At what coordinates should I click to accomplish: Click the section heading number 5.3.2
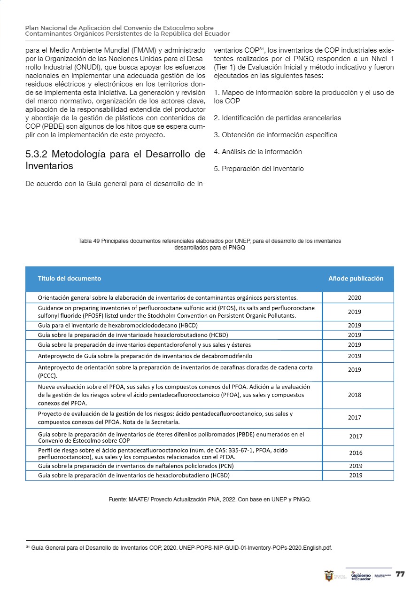(x=37, y=154)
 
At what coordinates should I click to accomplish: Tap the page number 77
(x=400, y=574)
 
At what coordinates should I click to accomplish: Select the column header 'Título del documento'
(x=70, y=278)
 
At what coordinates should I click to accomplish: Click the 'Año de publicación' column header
(x=356, y=278)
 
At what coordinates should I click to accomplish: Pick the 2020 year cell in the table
(x=355, y=297)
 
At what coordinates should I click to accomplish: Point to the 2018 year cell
(x=355, y=395)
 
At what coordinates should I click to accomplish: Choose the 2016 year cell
(x=356, y=453)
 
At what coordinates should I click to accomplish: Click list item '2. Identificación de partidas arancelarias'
(x=277, y=118)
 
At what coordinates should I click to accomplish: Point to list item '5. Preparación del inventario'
(x=258, y=169)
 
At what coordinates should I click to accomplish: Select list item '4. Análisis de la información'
(x=257, y=152)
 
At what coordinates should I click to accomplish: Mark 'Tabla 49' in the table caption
(x=89, y=241)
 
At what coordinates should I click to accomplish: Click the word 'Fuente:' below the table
(x=118, y=499)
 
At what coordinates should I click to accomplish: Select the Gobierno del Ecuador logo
(x=361, y=576)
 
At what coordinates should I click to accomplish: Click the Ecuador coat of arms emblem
(x=329, y=576)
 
